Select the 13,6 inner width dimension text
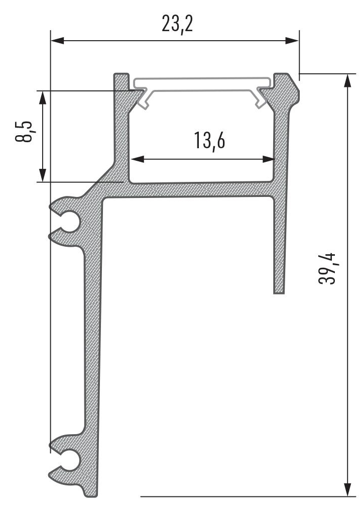click(209, 141)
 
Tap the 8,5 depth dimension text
click(24, 132)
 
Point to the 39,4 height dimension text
click(327, 268)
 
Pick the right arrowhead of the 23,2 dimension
click(292, 41)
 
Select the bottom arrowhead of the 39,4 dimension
click(347, 489)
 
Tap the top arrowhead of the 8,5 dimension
click(43, 97)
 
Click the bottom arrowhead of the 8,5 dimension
click(43, 175)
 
